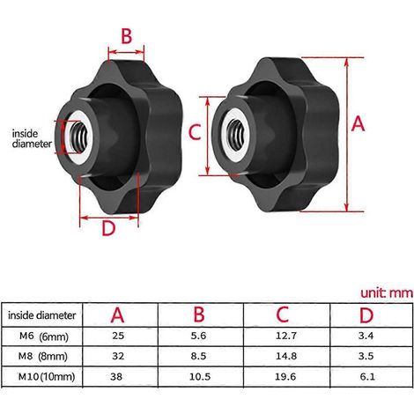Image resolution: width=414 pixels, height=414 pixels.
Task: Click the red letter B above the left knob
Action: pyautogui.click(x=127, y=36)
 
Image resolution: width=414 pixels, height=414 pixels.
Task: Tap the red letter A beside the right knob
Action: pyautogui.click(x=359, y=123)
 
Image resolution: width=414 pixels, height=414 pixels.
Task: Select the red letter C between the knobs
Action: pyautogui.click(x=195, y=132)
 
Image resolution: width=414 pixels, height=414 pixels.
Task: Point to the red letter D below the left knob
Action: pyautogui.click(x=108, y=228)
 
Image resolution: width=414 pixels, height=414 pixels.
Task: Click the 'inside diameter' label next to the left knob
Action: pyautogui.click(x=32, y=138)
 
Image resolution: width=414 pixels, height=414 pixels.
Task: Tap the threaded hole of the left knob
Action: pyautogui.click(x=79, y=137)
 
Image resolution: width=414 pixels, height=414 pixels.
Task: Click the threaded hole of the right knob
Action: pyautogui.click(x=236, y=134)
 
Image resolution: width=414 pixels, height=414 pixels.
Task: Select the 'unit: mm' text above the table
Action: pyautogui.click(x=387, y=292)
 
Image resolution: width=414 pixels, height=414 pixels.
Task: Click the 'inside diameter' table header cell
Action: pyautogui.click(x=41, y=315)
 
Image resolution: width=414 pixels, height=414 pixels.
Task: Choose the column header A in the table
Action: pyautogui.click(x=117, y=315)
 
